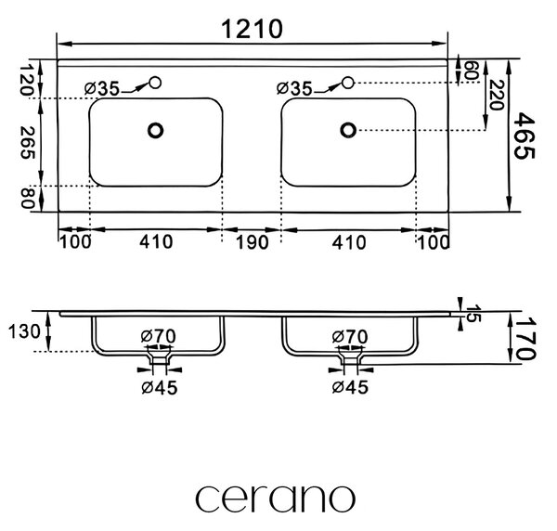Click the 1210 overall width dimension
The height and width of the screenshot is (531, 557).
tap(252, 29)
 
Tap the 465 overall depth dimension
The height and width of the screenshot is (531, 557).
tap(525, 136)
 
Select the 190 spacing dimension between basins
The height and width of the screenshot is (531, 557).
tap(253, 242)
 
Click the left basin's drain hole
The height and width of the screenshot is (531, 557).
tap(155, 130)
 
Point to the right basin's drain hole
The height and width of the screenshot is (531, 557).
tap(348, 130)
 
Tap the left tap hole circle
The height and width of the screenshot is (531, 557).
tap(155, 83)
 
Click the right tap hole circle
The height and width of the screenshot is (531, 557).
tap(348, 83)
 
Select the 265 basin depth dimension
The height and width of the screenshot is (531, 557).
tap(27, 143)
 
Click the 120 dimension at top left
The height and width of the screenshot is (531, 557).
tap(27, 80)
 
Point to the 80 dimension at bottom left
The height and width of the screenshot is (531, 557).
tap(27, 198)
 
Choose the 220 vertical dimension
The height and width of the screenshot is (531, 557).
tap(497, 96)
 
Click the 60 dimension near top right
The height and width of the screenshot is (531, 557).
tap(470, 71)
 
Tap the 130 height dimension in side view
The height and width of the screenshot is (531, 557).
tap(24, 332)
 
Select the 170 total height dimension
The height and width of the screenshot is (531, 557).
tap(525, 338)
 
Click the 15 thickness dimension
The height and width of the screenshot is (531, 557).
tap(473, 313)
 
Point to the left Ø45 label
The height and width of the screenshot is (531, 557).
tap(160, 387)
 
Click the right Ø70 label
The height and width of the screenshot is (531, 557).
tap(350, 337)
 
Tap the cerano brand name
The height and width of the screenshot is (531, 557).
tap(276, 498)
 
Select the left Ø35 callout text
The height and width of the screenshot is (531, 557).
tap(102, 88)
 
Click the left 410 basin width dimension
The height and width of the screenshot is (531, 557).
tap(156, 242)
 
